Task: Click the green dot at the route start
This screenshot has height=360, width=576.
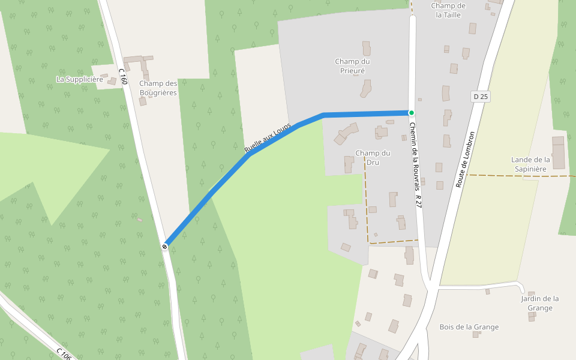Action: [412, 113]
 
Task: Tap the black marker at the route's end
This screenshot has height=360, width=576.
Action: [164, 246]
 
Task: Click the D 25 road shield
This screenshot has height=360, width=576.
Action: [481, 97]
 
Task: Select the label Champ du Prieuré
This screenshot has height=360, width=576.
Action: [352, 66]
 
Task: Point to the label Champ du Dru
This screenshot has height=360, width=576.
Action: [373, 157]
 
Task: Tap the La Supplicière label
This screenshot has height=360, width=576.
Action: [80, 79]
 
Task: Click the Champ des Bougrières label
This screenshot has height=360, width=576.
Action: [158, 88]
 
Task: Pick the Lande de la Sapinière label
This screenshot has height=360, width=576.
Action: [530, 164]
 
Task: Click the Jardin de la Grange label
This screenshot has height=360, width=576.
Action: [539, 303]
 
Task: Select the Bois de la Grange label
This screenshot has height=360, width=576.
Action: [469, 327]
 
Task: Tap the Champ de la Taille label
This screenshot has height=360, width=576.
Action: [448, 10]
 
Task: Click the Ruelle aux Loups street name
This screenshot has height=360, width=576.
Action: [267, 137]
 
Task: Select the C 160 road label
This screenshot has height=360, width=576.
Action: [122, 76]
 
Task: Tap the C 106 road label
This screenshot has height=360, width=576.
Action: [64, 354]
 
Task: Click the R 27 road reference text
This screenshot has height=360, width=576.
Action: [418, 201]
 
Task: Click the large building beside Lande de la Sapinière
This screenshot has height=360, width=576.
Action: [559, 152]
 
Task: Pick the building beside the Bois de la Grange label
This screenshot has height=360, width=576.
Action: [476, 334]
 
